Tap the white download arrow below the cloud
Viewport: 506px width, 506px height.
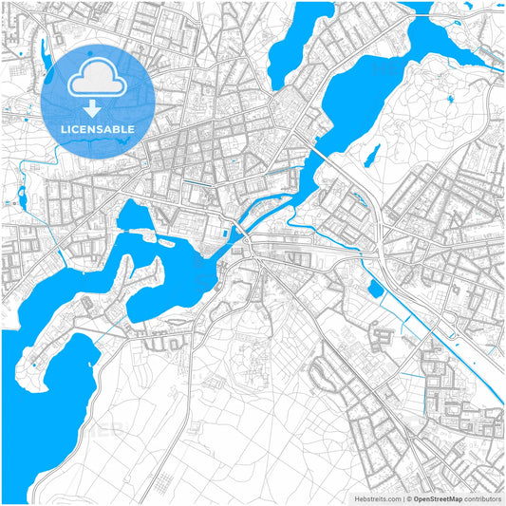(98, 109)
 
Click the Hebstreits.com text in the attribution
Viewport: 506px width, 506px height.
(375, 498)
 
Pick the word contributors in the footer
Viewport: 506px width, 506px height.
(482, 498)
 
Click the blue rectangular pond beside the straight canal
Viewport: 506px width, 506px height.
(375, 288)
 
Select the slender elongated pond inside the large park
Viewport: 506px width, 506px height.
(374, 155)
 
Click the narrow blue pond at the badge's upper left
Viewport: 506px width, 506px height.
(44, 61)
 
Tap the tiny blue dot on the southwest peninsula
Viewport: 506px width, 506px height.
(35, 364)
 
